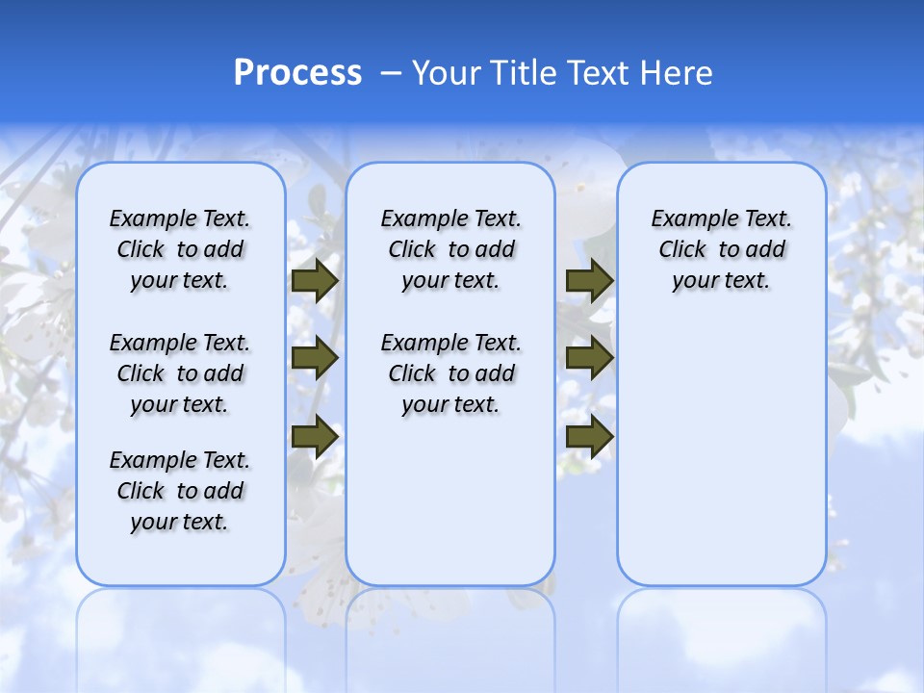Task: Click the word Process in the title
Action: click(x=297, y=73)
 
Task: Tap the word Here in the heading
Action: click(x=675, y=73)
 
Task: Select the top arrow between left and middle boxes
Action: click(x=315, y=281)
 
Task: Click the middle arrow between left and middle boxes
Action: click(x=315, y=358)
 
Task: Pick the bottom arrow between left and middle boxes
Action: click(x=315, y=436)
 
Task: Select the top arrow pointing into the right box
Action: click(x=589, y=281)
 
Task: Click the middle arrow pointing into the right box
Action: click(x=589, y=358)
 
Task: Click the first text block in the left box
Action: click(x=180, y=250)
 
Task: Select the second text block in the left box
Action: click(x=180, y=373)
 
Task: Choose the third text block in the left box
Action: click(x=180, y=491)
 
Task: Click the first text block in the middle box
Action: click(x=450, y=250)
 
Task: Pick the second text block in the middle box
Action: click(x=450, y=373)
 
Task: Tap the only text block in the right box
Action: click(x=721, y=250)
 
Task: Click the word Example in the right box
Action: click(x=686, y=219)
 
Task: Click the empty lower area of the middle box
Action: click(x=450, y=500)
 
